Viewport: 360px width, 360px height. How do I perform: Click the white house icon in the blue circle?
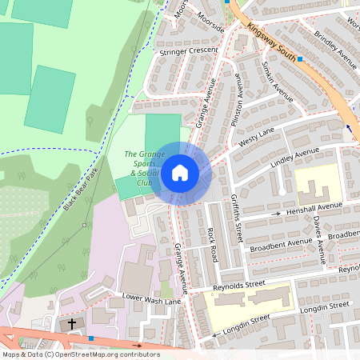point(180,172)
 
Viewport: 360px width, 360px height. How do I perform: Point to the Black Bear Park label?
point(81,190)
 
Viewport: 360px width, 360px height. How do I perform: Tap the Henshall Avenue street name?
point(315,209)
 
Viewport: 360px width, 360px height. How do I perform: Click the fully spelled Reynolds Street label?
point(238,285)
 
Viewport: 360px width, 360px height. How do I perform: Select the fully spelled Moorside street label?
point(211,17)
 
